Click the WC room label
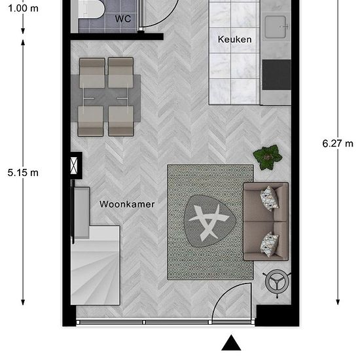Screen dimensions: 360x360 click(x=123, y=18)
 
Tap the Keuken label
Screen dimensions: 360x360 click(x=234, y=39)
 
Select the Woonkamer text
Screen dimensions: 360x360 click(x=127, y=204)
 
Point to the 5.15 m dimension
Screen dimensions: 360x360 click(x=23, y=173)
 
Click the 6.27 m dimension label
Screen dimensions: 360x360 click(x=338, y=143)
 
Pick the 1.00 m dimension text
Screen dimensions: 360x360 click(x=23, y=9)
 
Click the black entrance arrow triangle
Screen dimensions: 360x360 click(x=231, y=342)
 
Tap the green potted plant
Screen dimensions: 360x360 click(x=268, y=157)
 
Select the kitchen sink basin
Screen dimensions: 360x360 click(x=276, y=27)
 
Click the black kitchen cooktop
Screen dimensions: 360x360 click(x=277, y=75)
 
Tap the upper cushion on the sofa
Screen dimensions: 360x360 click(x=270, y=198)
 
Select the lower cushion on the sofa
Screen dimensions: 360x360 click(x=270, y=244)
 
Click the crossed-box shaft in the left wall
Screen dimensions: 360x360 click(x=74, y=166)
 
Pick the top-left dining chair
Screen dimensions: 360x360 click(x=92, y=73)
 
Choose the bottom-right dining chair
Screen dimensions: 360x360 click(x=121, y=121)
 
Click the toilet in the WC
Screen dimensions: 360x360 click(x=91, y=9)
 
